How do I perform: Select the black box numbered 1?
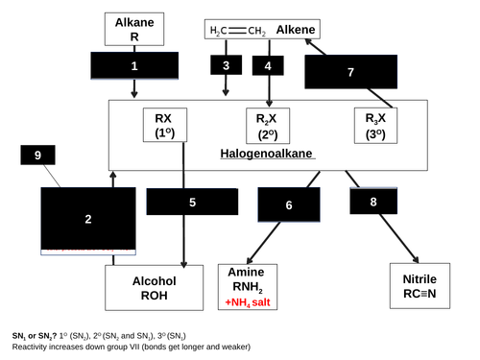[134, 66]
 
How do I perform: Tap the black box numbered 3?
[226, 65]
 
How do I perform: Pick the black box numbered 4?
[268, 65]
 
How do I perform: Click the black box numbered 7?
[350, 72]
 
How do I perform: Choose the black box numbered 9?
[37, 156]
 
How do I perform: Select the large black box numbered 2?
[88, 220]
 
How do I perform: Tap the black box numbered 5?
[192, 203]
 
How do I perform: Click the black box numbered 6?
[289, 204]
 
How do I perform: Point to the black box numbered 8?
[372, 202]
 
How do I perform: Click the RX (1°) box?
[163, 125]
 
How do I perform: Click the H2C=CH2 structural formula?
[236, 32]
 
